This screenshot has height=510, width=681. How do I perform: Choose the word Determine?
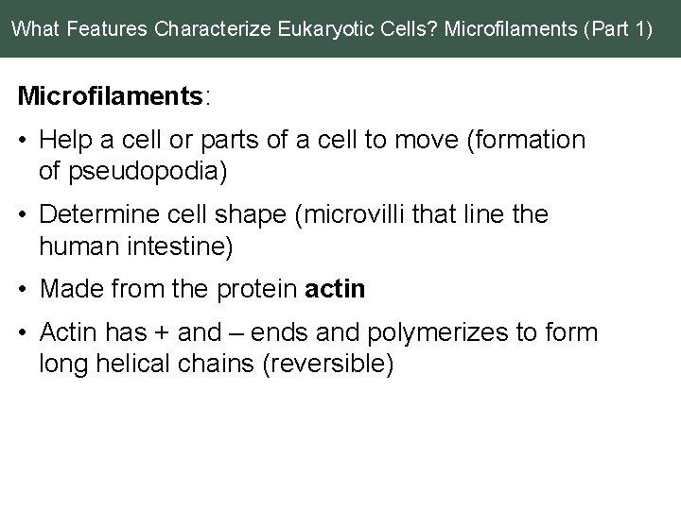tap(98, 214)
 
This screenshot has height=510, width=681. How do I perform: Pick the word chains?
tap(218, 363)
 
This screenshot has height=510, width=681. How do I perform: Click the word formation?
tap(536, 141)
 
